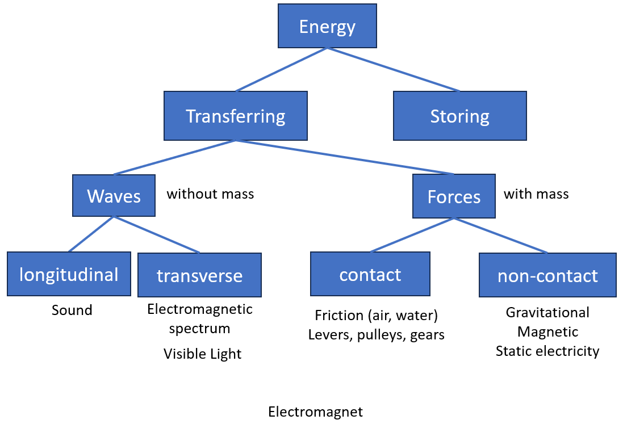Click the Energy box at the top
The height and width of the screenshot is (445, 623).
click(x=327, y=26)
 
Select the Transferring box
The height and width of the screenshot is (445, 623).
click(x=235, y=116)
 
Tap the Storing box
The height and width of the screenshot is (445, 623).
click(x=459, y=116)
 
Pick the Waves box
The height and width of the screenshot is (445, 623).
click(x=114, y=196)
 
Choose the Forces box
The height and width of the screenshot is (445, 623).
click(x=454, y=196)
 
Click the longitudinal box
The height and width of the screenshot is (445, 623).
click(x=69, y=275)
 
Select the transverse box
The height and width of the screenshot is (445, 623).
click(x=199, y=276)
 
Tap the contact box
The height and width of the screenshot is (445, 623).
click(x=370, y=275)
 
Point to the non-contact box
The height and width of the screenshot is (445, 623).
click(x=547, y=276)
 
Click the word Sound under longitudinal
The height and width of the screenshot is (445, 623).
click(x=72, y=310)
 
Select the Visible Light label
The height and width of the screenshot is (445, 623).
click(x=202, y=354)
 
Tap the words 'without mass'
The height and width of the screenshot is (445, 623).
click(x=210, y=194)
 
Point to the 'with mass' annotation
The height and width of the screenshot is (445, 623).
click(x=536, y=194)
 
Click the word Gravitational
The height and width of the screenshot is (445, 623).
click(x=547, y=313)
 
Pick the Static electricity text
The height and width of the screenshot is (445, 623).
click(x=547, y=351)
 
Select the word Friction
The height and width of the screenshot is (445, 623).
click(x=339, y=316)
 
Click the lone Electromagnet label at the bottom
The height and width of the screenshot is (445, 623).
click(x=315, y=412)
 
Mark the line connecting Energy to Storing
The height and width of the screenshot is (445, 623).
click(x=393, y=69)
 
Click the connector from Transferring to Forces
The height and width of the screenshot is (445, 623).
click(x=345, y=157)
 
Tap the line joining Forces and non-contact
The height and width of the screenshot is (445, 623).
click(x=501, y=236)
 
